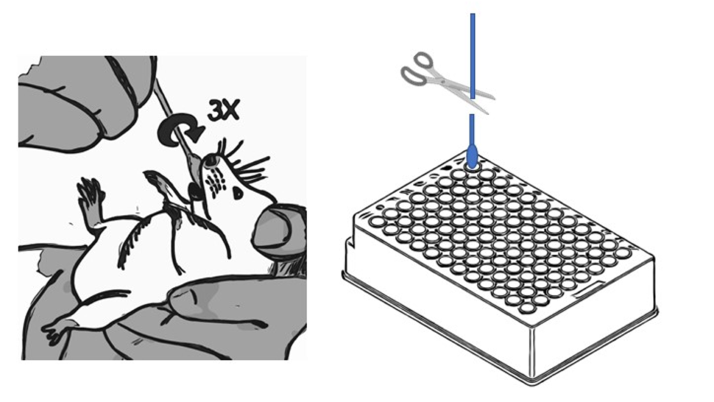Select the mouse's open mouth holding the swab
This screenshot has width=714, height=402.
[196, 188]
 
